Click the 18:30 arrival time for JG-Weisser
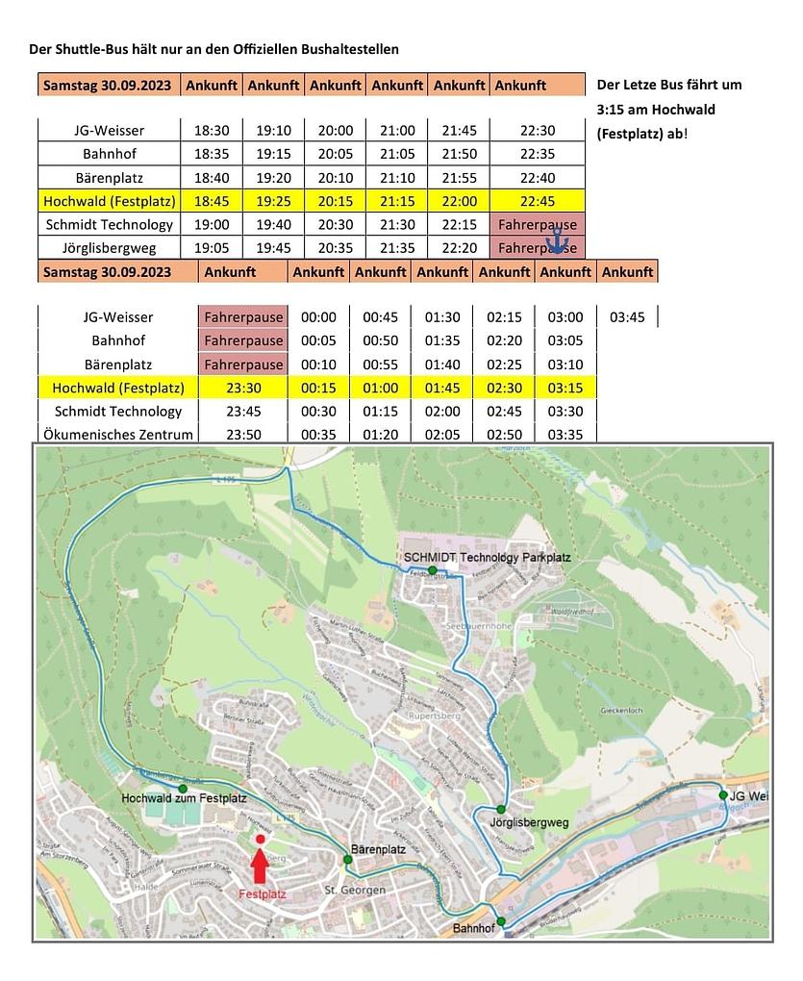point(212,131)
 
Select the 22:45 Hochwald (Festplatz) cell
point(538,201)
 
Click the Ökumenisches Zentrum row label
point(118,435)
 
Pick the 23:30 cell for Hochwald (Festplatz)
point(244,388)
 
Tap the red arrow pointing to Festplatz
point(260,866)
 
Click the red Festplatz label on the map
point(262,893)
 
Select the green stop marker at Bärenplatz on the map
point(347,859)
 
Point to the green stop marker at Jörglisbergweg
point(501,809)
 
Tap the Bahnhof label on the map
point(473,928)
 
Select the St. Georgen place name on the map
point(355,891)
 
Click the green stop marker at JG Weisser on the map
point(723,795)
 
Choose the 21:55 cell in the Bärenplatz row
point(459,178)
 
